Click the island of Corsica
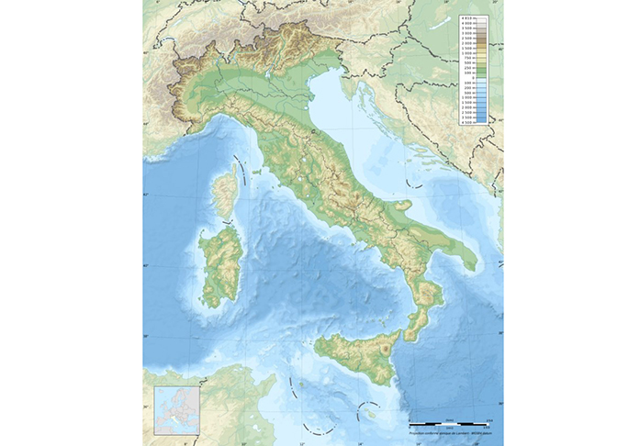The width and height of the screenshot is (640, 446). point(223,195)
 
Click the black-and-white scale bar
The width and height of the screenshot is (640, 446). point(449,420)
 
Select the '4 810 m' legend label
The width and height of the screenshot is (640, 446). point(467,18)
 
